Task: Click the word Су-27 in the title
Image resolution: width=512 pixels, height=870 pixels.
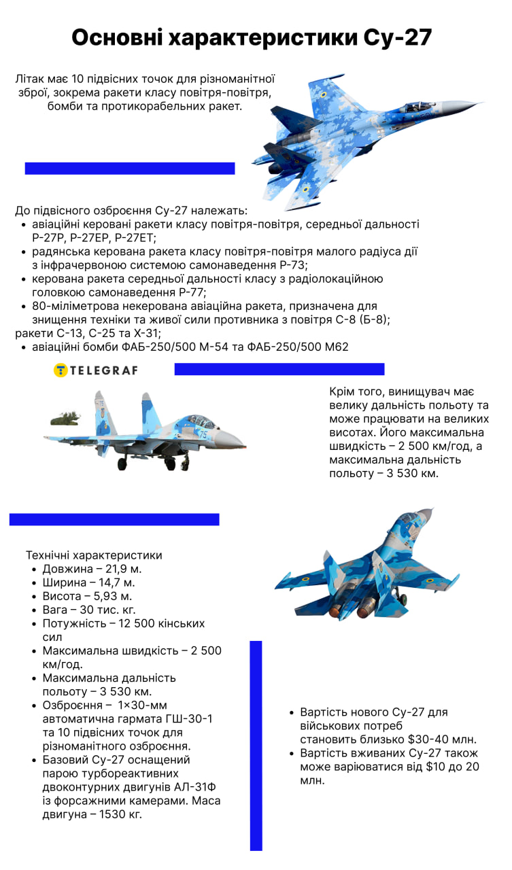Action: pyautogui.click(x=396, y=38)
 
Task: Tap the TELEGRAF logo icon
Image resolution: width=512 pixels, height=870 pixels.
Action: pyautogui.click(x=61, y=370)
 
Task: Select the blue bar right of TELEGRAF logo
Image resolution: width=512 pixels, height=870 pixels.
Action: pyautogui.click(x=279, y=369)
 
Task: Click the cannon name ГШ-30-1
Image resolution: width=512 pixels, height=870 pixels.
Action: pyautogui.click(x=186, y=718)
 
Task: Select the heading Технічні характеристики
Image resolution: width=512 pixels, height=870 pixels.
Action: pyautogui.click(x=94, y=555)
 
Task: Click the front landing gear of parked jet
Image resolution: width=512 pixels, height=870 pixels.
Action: pyautogui.click(x=185, y=462)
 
